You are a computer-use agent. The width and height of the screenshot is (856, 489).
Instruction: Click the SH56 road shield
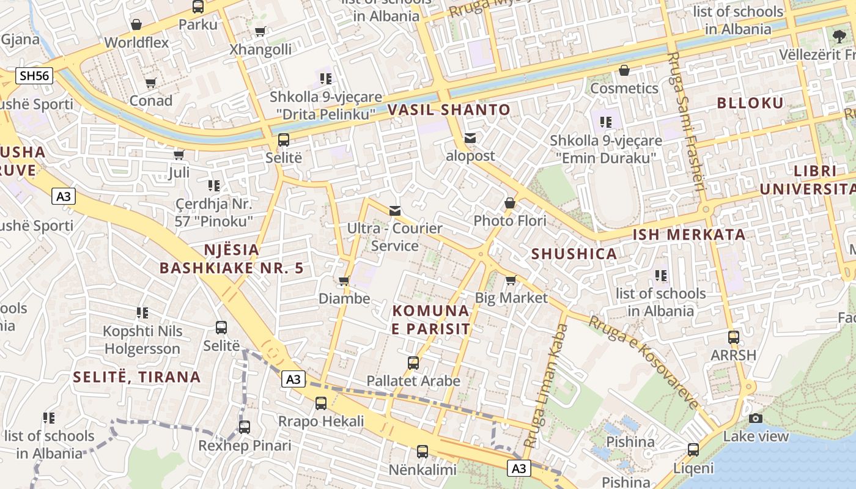coord(35,76)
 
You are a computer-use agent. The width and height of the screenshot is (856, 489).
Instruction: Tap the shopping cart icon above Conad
coord(151,83)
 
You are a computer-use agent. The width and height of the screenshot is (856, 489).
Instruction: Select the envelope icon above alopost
coord(470,138)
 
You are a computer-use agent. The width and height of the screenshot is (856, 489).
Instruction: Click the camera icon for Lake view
coord(756,418)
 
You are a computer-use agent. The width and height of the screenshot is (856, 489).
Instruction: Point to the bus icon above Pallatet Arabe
coord(413,362)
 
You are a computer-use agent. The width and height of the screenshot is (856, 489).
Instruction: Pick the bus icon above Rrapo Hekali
coord(321,403)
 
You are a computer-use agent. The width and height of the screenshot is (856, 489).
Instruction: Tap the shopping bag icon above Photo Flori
coord(510,203)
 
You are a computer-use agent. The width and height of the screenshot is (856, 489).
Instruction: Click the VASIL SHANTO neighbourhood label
coord(449,110)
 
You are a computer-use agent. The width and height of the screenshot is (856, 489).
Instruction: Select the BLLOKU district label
coord(750,103)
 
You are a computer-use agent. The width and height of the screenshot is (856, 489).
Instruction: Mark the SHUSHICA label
coord(574,254)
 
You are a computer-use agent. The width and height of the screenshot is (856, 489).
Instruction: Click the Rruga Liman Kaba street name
coord(547,385)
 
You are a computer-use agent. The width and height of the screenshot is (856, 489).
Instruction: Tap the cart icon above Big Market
coord(511,280)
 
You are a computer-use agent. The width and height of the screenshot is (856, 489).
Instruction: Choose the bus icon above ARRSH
coord(733,337)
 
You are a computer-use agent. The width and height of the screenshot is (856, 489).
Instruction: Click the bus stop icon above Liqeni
coord(693,450)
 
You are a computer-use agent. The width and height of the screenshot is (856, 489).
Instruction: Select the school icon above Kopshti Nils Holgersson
coord(142,313)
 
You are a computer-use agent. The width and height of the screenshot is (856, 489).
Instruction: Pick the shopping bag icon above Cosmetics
coord(624,70)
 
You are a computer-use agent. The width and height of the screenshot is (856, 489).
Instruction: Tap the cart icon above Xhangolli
coord(260,32)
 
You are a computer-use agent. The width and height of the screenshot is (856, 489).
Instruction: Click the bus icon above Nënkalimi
coord(422,452)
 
